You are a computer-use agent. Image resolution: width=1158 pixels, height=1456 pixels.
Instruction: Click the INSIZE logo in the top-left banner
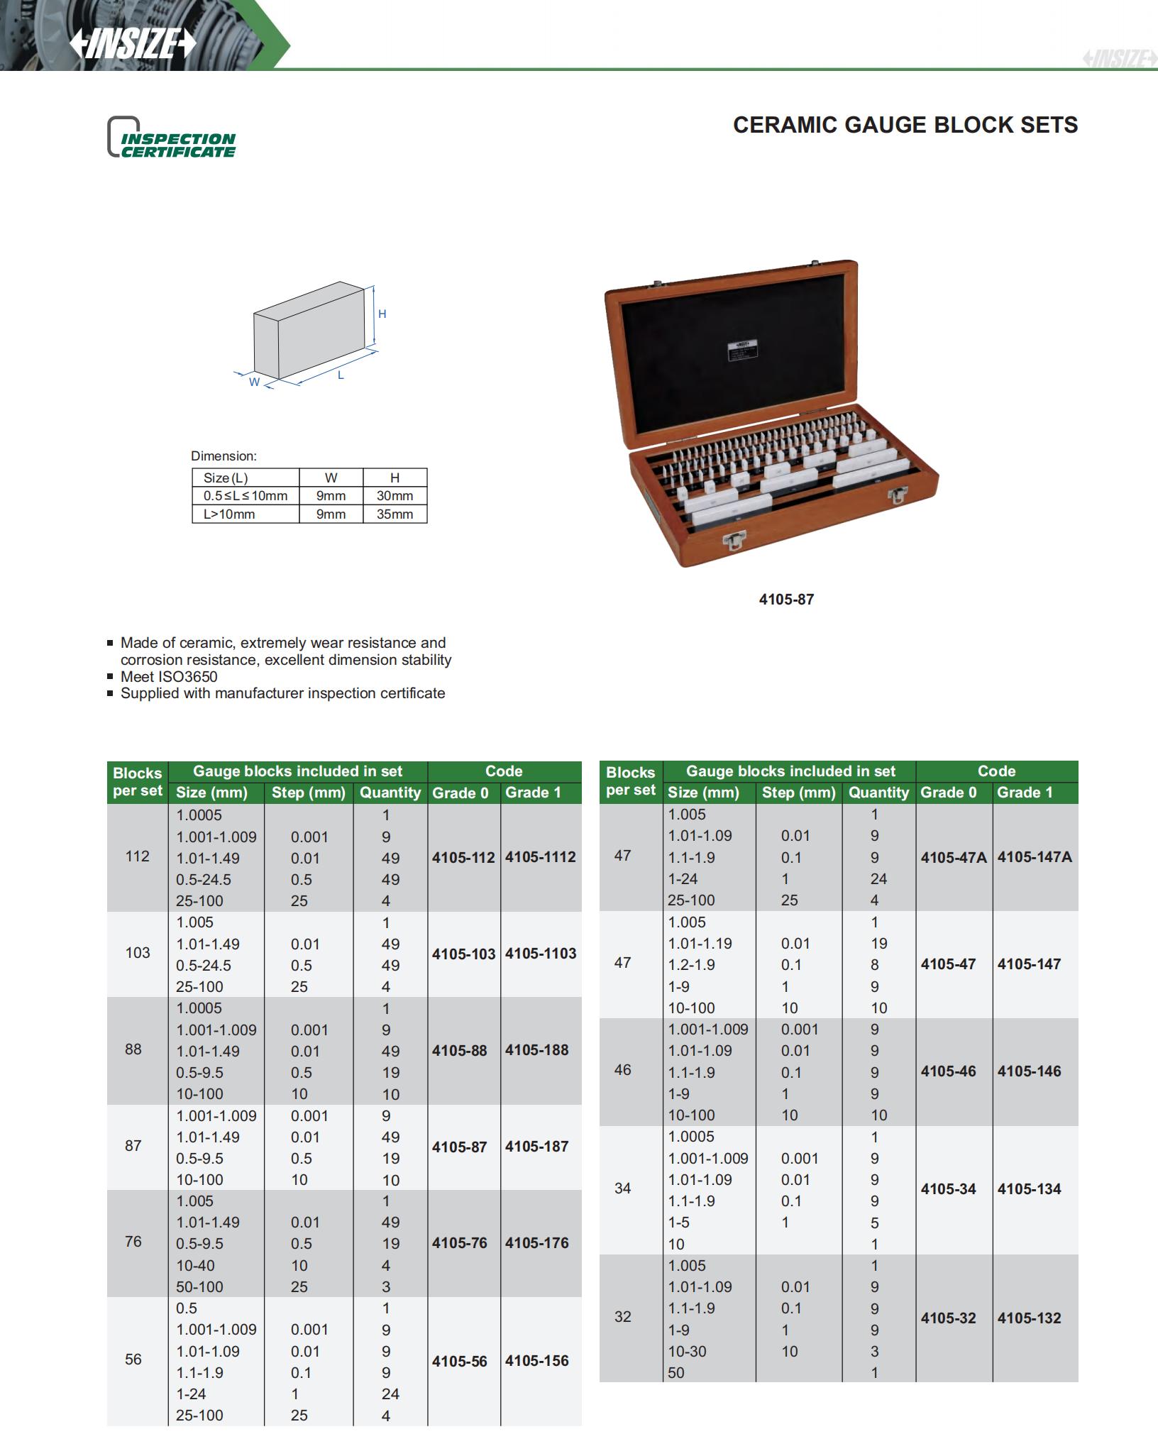click(132, 44)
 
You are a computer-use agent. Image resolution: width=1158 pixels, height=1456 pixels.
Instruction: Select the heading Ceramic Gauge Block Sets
click(905, 125)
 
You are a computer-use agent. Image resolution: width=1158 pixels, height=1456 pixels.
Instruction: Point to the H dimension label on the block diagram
click(382, 314)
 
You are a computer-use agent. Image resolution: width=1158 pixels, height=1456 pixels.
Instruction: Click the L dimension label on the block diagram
click(341, 375)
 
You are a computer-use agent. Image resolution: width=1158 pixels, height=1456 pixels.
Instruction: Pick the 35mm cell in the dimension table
click(395, 514)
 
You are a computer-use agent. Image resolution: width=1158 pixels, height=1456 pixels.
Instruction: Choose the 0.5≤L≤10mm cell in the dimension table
click(246, 496)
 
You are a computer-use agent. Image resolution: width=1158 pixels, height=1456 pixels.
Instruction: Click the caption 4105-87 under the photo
click(786, 599)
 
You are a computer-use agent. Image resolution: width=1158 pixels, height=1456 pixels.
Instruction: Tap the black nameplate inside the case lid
click(741, 353)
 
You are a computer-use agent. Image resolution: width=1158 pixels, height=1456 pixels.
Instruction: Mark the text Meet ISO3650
click(169, 677)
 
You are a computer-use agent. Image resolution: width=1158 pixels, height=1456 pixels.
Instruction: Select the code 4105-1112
click(540, 857)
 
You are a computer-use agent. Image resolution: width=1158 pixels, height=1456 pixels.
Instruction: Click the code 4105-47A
click(954, 857)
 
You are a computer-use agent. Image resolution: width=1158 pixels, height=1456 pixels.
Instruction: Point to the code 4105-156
click(536, 1361)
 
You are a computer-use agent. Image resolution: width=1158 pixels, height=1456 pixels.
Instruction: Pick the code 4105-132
click(1029, 1318)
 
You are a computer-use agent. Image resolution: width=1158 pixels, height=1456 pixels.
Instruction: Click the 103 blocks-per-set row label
click(138, 953)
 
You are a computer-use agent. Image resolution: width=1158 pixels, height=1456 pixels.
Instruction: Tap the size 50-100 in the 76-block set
click(199, 1287)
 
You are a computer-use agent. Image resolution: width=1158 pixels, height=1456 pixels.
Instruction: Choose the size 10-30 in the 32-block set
click(687, 1352)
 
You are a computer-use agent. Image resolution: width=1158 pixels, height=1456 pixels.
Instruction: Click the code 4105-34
click(948, 1189)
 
